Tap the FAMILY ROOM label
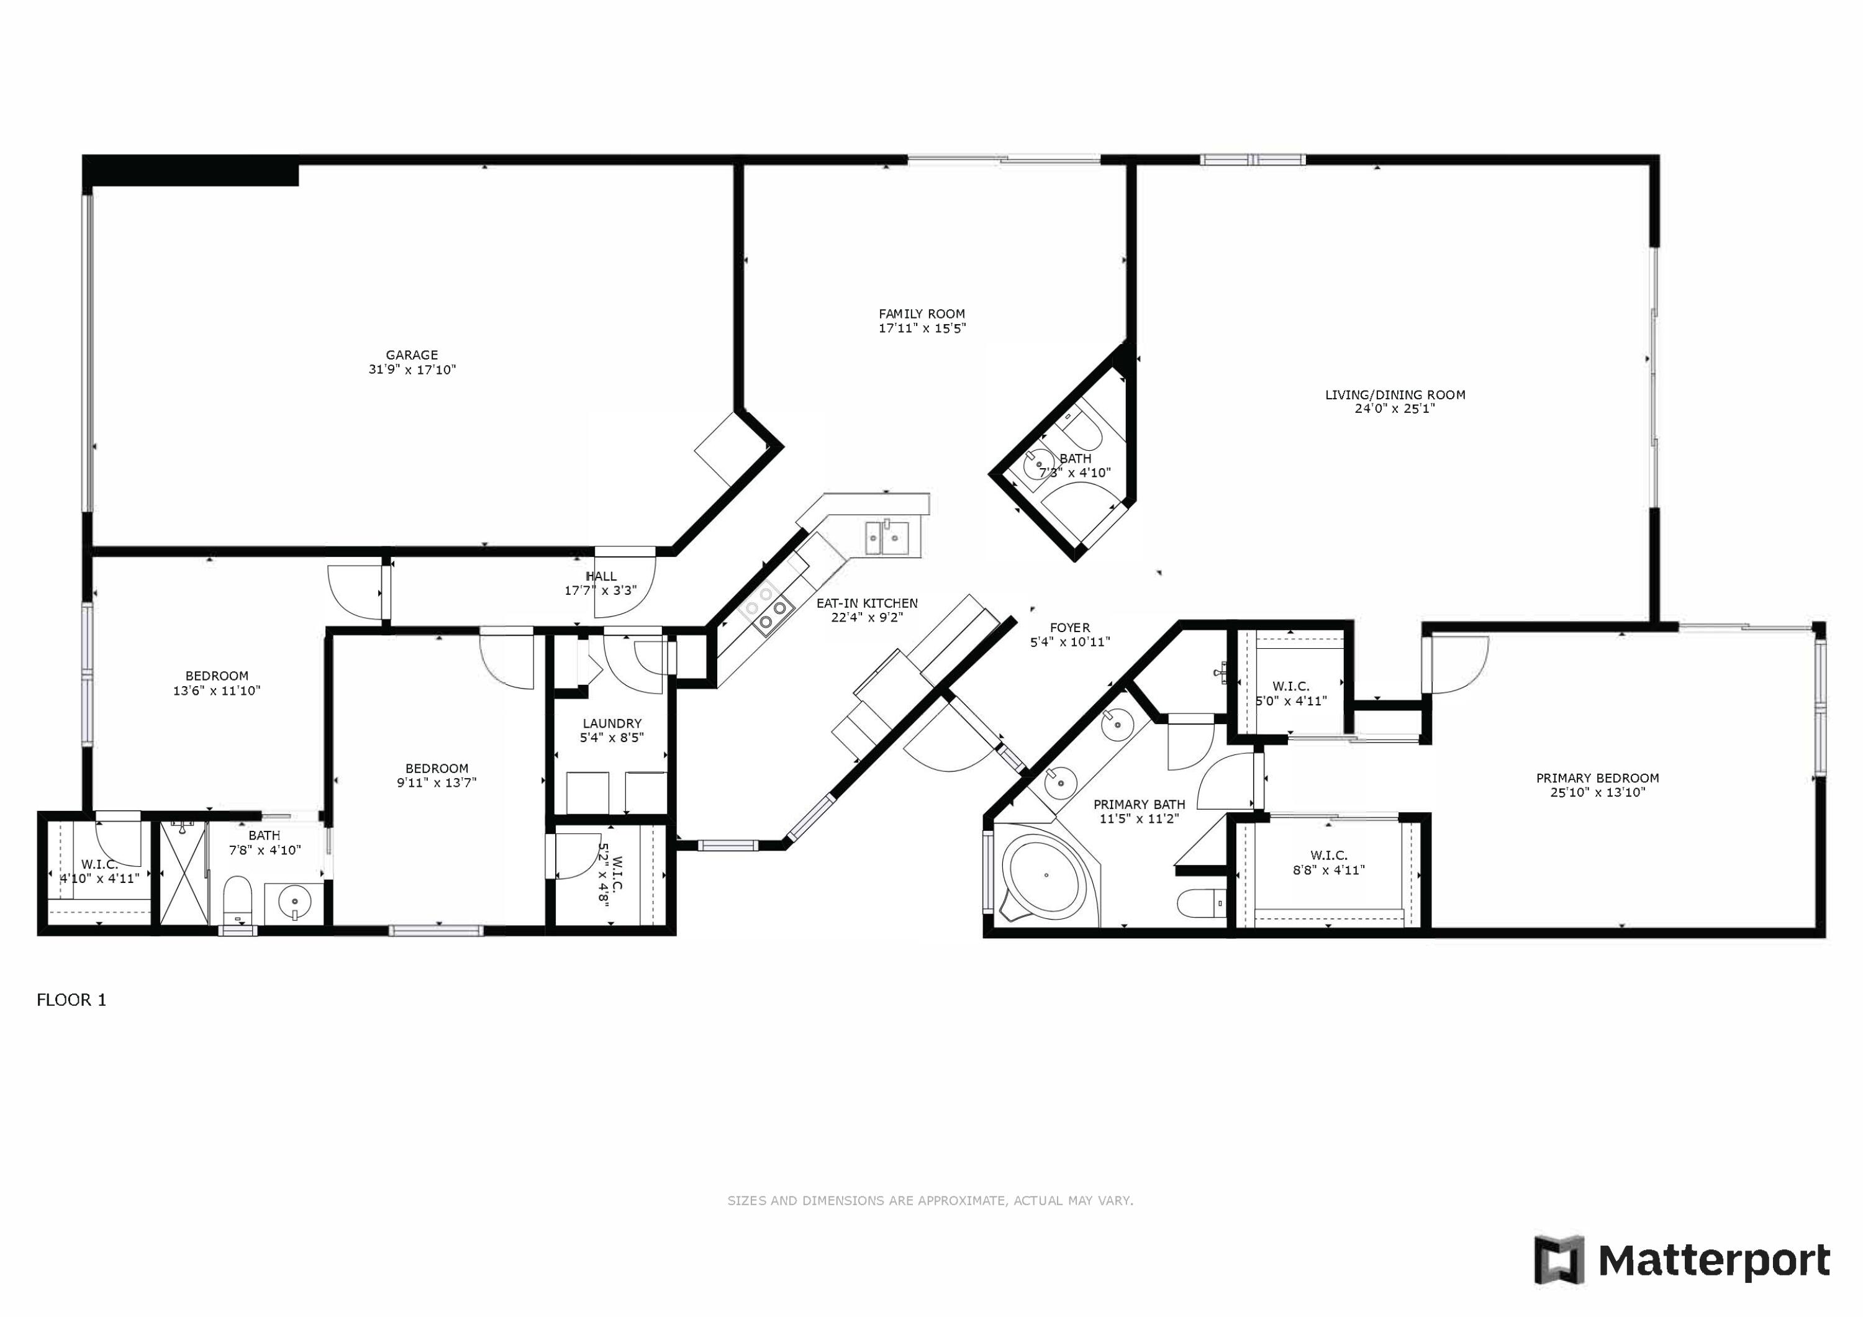[x=922, y=314]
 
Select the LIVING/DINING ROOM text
[x=1395, y=395]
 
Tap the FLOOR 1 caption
[x=71, y=1000]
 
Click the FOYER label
[x=1069, y=627]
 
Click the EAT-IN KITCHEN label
[x=866, y=604]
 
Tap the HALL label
[x=601, y=576]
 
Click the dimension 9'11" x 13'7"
[x=437, y=783]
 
